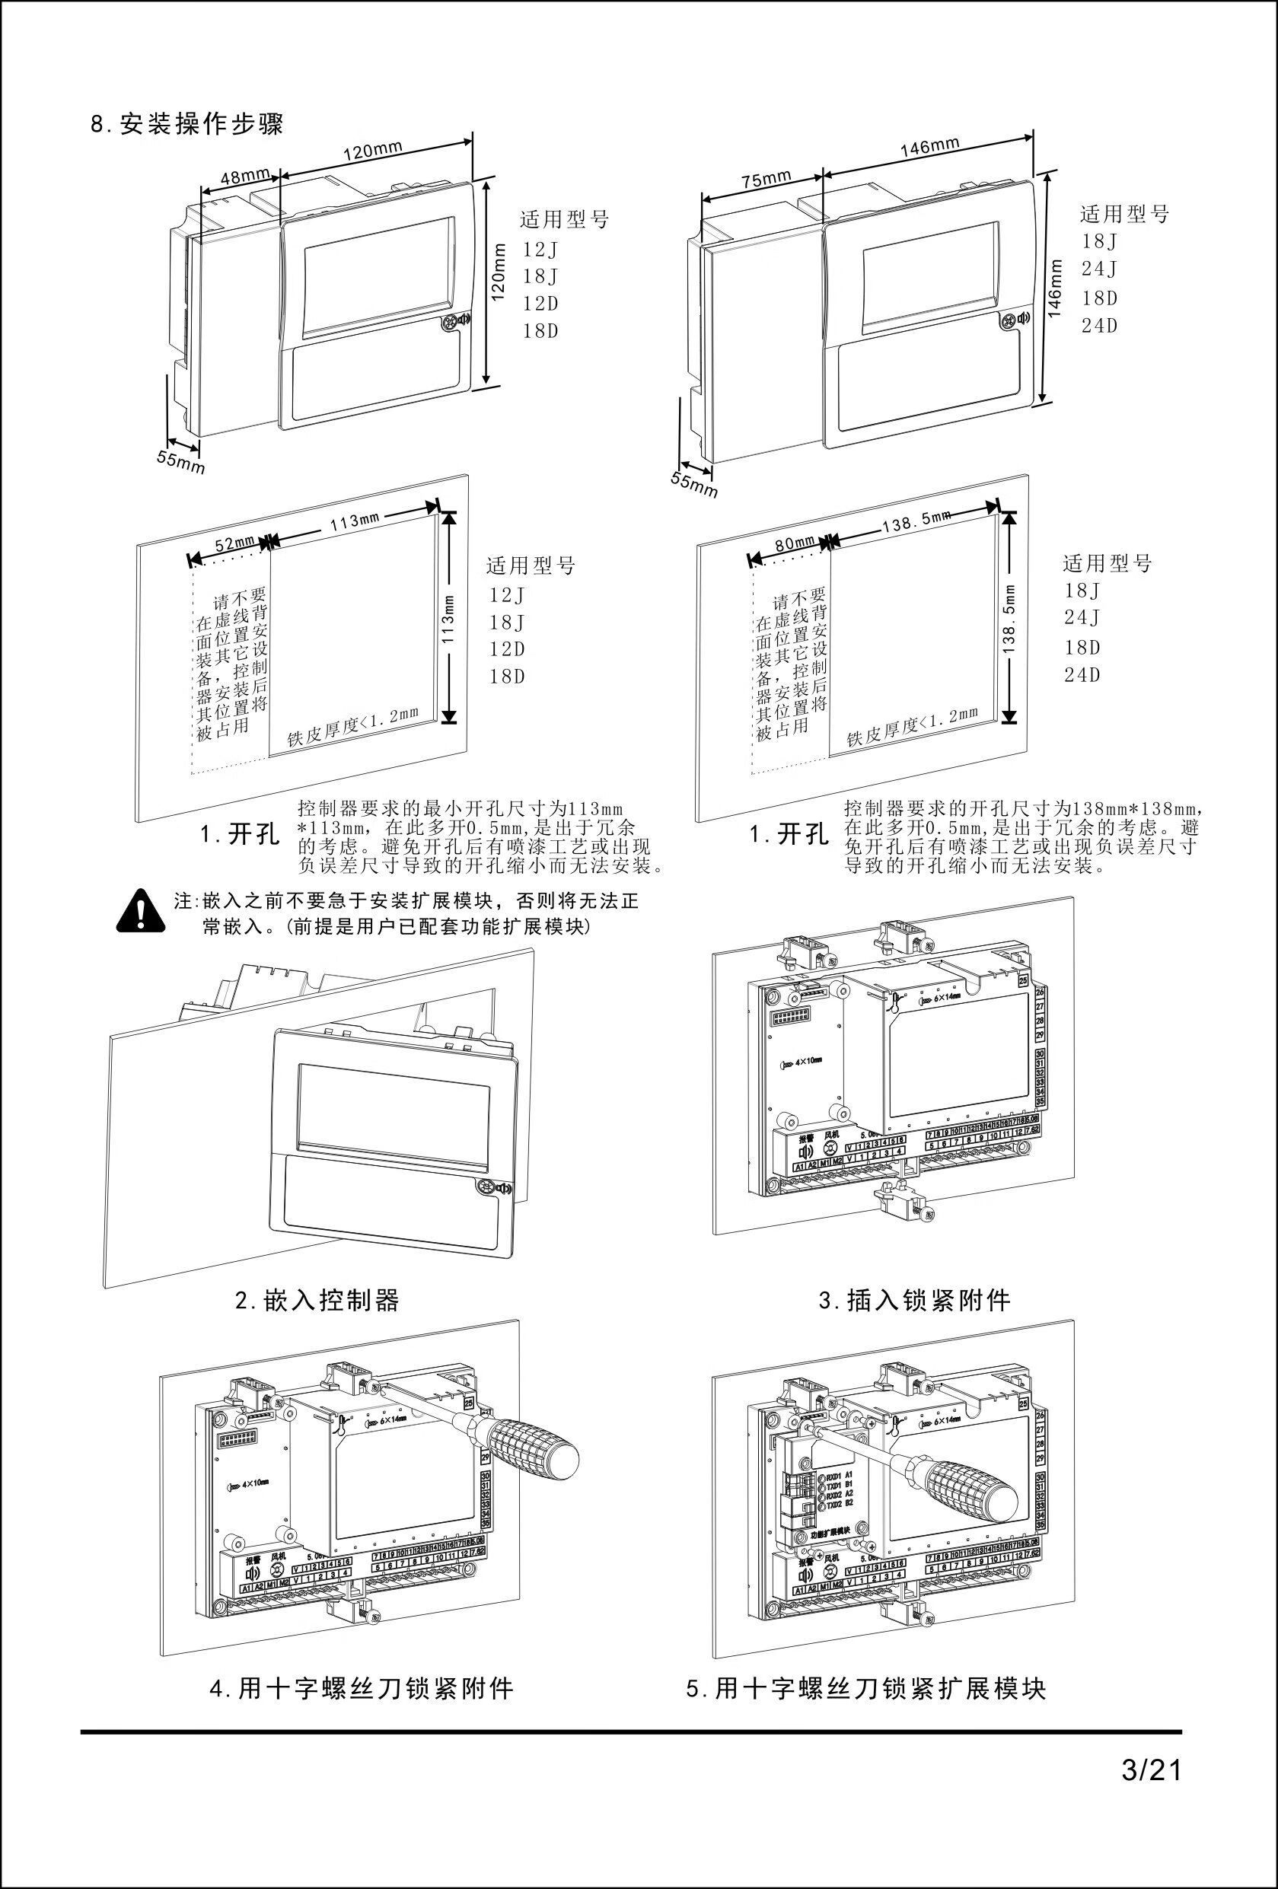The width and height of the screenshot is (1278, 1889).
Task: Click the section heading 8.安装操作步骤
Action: [186, 125]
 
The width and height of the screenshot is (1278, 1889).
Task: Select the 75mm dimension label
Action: [765, 179]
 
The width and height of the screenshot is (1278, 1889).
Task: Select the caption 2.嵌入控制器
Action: [317, 1301]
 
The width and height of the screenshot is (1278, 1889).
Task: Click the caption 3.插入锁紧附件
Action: [914, 1301]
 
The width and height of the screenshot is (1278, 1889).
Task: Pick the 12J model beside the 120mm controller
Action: [540, 249]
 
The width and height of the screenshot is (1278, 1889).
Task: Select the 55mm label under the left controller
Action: [181, 462]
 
